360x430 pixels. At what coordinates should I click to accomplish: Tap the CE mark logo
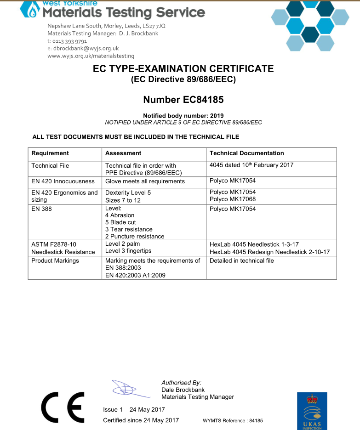pyautogui.click(x=63, y=407)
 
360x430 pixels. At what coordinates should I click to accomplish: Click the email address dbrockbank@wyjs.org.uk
pyautogui.click(x=86, y=48)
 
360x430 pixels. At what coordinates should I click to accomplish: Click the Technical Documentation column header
pyautogui.click(x=246, y=153)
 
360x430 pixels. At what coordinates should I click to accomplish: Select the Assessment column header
pyautogui.click(x=123, y=153)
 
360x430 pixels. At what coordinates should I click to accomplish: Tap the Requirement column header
pyautogui.click(x=50, y=153)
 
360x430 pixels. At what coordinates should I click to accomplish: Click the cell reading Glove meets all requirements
pyautogui.click(x=145, y=181)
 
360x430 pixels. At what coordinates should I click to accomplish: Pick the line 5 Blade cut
pyautogui.click(x=120, y=222)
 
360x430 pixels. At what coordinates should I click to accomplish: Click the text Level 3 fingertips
pyautogui.click(x=128, y=251)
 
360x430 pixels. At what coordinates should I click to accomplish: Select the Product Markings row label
pyautogui.click(x=55, y=261)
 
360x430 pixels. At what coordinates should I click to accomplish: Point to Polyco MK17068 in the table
pyautogui.click(x=233, y=199)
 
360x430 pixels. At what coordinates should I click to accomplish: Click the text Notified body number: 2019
pyautogui.click(x=183, y=116)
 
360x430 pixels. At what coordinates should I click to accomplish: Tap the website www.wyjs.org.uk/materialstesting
pyautogui.click(x=91, y=56)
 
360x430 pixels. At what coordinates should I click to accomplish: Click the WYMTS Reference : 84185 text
pyautogui.click(x=233, y=421)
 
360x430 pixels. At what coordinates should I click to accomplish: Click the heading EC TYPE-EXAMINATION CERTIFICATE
pyautogui.click(x=183, y=69)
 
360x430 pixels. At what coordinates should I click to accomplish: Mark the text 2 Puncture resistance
pyautogui.click(x=135, y=237)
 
